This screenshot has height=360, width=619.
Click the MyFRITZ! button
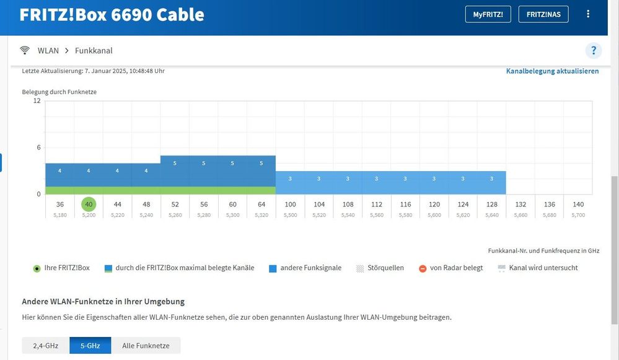click(x=488, y=14)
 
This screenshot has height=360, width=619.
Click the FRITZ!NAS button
click(x=543, y=14)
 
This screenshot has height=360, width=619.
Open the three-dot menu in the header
click(x=588, y=14)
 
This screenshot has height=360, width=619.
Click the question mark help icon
click(x=594, y=51)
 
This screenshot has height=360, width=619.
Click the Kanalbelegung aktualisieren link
click(x=552, y=71)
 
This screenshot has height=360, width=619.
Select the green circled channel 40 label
click(x=89, y=204)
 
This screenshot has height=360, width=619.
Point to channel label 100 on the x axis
click(x=290, y=204)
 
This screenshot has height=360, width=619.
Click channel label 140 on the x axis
click(x=577, y=204)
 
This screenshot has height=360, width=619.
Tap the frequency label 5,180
click(x=59, y=215)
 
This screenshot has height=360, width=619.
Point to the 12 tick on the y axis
click(x=37, y=101)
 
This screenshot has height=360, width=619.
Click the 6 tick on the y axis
click(x=38, y=147)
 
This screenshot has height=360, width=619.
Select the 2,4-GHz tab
click(x=46, y=346)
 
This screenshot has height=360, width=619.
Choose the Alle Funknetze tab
click(x=146, y=346)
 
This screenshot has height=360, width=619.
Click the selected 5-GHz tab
click(x=90, y=346)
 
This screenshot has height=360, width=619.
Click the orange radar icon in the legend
click(x=423, y=268)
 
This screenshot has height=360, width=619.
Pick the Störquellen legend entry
click(x=385, y=268)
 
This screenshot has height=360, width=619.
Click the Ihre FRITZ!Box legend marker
click(x=37, y=268)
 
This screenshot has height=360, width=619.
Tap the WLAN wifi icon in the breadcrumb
click(x=25, y=51)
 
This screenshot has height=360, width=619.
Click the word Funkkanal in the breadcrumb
click(x=94, y=51)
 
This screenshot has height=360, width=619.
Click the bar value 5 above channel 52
click(x=175, y=164)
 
